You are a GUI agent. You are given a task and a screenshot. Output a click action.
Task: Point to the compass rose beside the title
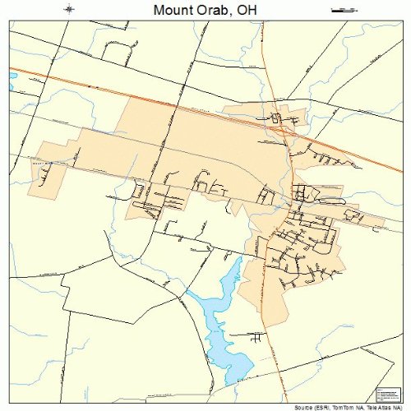71,10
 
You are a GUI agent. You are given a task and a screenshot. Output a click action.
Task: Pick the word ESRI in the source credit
325,407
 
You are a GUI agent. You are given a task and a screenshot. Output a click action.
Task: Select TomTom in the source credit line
346,407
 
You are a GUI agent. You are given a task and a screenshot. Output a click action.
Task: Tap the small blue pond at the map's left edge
12,80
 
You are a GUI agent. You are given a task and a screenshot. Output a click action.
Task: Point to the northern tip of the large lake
239,259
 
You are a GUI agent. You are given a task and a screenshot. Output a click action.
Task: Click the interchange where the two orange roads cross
280,125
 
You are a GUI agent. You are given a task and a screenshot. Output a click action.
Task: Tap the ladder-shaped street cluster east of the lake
256,338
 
